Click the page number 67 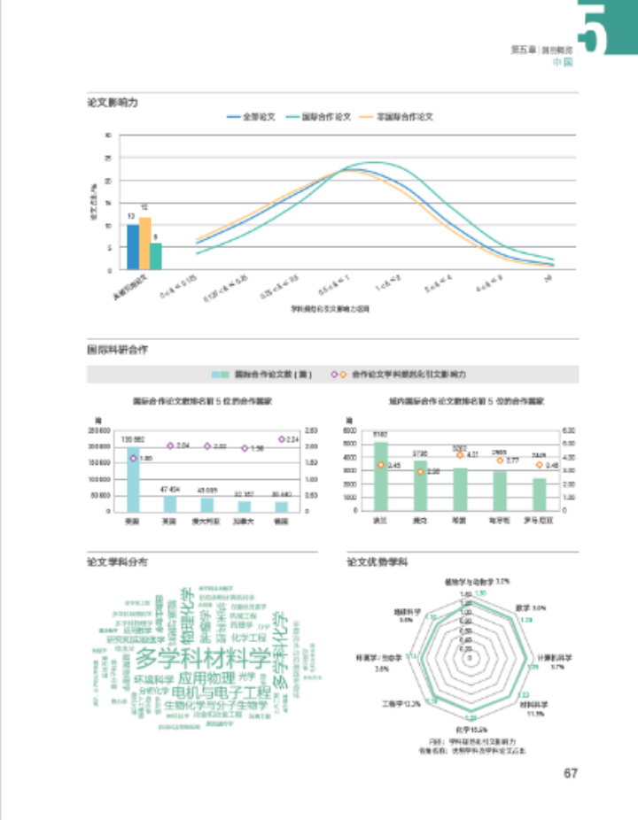pos(570,772)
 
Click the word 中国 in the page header pos(563,63)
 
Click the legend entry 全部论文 pos(253,116)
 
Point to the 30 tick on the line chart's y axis pos(108,135)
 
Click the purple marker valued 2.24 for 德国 pos(282,439)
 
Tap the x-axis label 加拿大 pos(244,522)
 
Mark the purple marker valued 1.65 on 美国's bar pos(133,458)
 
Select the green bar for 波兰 pos(381,476)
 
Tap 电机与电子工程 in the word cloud pos(222,691)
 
